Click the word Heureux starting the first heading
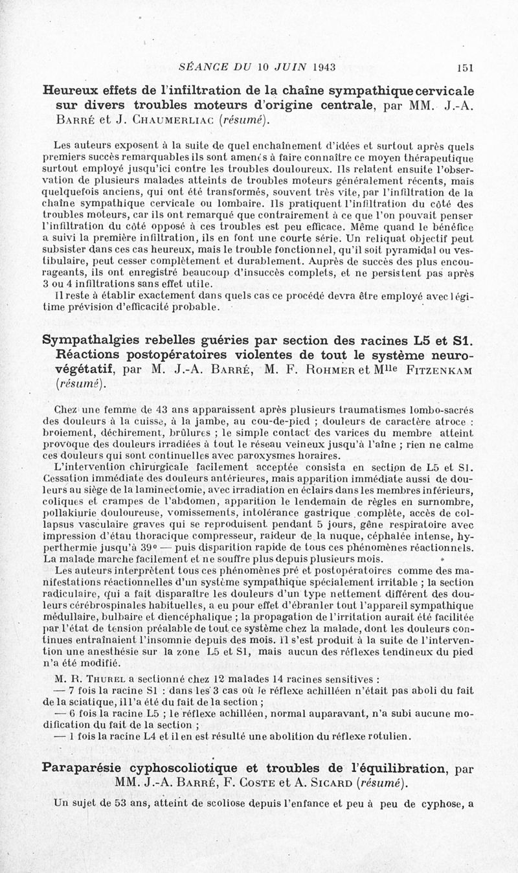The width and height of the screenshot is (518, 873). (x=68, y=89)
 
